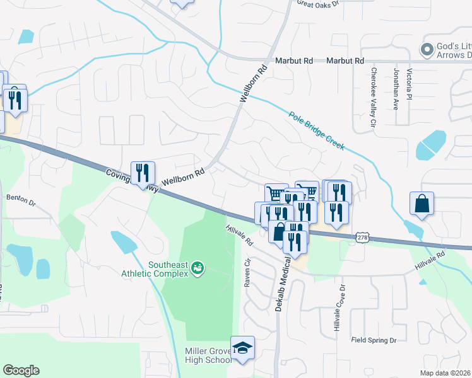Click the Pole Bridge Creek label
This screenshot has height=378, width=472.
[317, 131]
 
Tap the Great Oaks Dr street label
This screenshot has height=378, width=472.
[318, 4]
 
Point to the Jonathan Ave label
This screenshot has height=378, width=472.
[396, 89]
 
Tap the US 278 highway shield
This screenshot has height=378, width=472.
[362, 237]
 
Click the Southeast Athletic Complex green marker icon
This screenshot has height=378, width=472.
[198, 268]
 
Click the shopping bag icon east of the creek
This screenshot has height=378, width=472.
[422, 203]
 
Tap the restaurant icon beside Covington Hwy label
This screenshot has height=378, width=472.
[143, 173]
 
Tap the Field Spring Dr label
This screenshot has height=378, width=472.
[374, 340]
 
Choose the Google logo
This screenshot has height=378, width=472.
[21, 370]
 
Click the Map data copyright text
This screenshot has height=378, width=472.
[445, 373]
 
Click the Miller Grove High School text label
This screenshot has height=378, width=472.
[208, 355]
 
